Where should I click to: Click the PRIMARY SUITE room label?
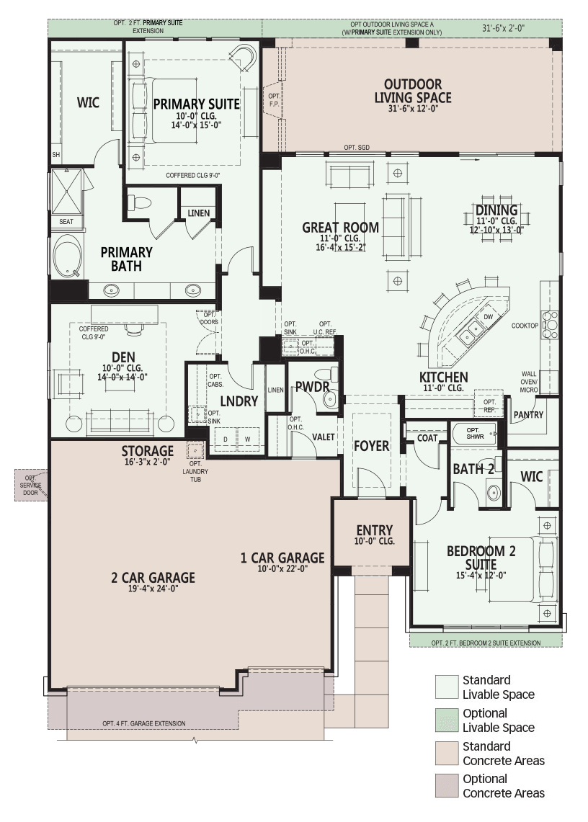click(x=196, y=104)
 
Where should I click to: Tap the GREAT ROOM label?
click(x=340, y=228)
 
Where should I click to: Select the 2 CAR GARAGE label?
click(x=153, y=578)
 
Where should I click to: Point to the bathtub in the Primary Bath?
click(x=68, y=255)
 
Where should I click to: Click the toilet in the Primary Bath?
click(x=140, y=202)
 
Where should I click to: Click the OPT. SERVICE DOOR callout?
click(x=30, y=486)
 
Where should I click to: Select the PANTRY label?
click(x=528, y=415)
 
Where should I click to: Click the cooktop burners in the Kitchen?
click(x=551, y=325)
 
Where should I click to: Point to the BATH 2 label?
click(x=473, y=469)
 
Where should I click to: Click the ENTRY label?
click(x=374, y=530)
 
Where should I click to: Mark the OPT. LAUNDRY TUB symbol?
click(x=195, y=450)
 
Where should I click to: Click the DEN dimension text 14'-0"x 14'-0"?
click(x=122, y=377)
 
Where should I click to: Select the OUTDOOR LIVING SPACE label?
click(x=413, y=91)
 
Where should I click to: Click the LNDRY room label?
click(x=239, y=401)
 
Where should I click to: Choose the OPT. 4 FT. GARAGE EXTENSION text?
click(x=143, y=723)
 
